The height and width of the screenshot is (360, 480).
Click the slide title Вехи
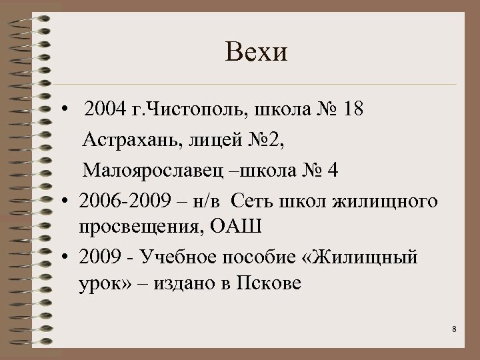tap(257, 52)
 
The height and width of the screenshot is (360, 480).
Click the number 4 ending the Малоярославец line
tap(333, 171)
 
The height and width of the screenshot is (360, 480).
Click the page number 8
tap(453, 329)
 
